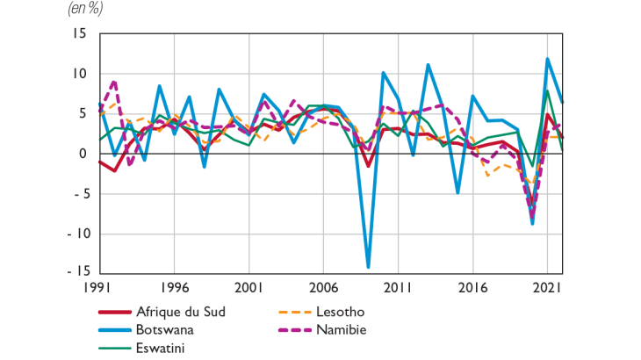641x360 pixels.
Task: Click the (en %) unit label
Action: point(85,10)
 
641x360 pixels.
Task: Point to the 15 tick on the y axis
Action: point(80,34)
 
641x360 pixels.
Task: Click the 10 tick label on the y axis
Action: point(80,74)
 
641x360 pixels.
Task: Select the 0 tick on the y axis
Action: point(83,154)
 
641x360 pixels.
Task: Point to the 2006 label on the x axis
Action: point(324,288)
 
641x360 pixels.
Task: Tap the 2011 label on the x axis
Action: point(399,288)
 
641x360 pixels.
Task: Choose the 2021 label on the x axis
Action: point(547,288)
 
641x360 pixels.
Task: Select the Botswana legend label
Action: point(165,330)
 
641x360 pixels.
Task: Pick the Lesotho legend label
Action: point(337,312)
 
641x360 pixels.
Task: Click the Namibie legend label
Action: point(337,330)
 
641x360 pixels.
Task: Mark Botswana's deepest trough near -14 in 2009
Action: point(369,266)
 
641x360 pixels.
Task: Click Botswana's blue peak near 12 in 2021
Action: point(547,59)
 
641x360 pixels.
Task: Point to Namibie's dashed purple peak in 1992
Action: point(115,82)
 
